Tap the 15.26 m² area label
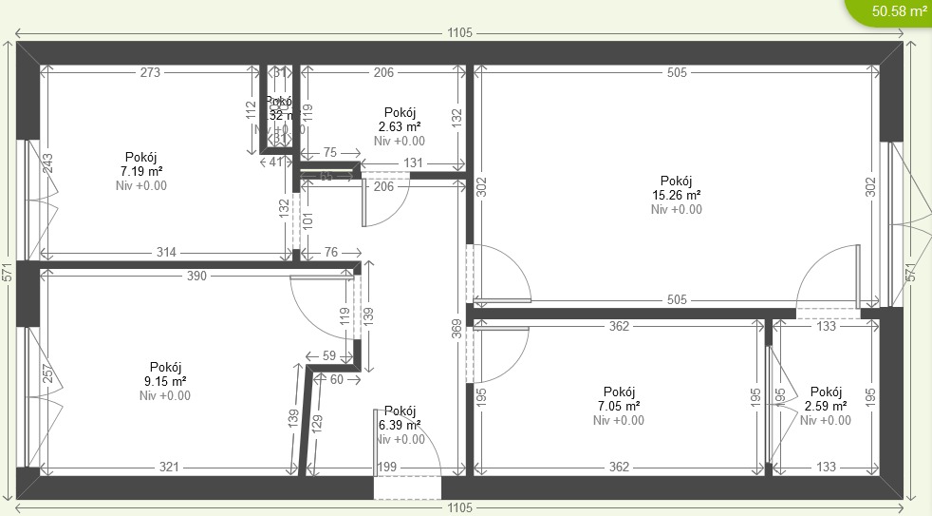[677, 196]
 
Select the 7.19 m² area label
[141, 172]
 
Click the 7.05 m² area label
[619, 406]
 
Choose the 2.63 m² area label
[400, 126]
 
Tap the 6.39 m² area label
[400, 425]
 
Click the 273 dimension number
[150, 72]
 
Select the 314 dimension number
[166, 252]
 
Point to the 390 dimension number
[196, 275]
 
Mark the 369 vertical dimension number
[456, 329]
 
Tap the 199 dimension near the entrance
[387, 467]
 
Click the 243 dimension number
[47, 162]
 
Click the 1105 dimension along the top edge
[459, 33]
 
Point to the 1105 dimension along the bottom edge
[459, 507]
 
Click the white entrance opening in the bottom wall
[407, 487]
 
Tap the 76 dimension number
[330, 252]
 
